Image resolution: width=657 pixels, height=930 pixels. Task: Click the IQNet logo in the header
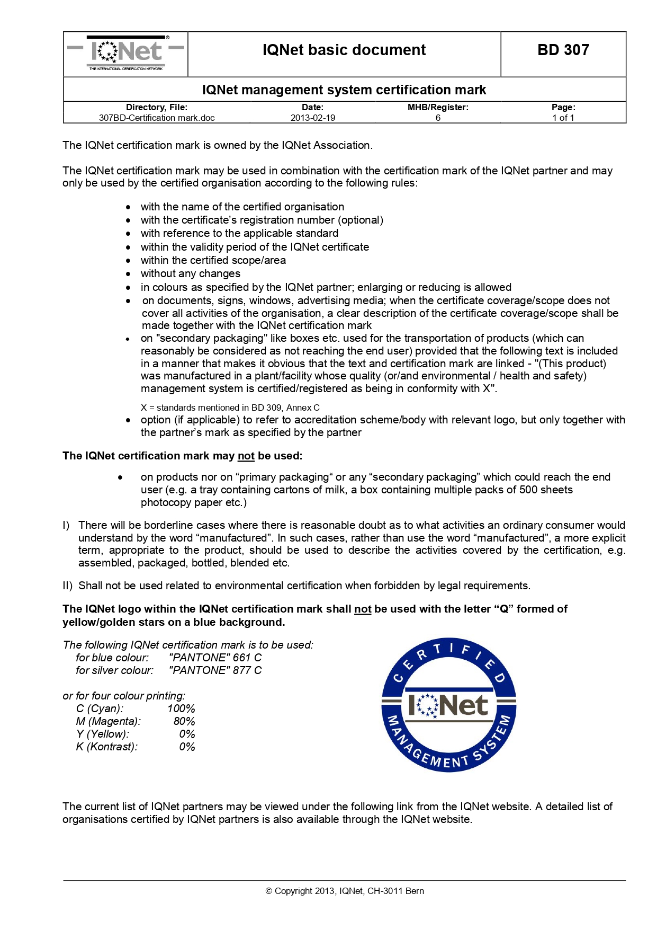pos(126,53)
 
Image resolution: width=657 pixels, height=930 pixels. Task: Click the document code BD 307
pos(563,50)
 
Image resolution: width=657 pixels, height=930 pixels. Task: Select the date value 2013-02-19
pos(312,118)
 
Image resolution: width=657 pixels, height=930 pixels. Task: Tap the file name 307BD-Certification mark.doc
pos(157,118)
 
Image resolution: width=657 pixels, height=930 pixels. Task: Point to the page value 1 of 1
pos(563,118)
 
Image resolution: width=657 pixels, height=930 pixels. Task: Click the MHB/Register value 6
pos(438,118)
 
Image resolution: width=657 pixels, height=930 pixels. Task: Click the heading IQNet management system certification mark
pos(344,90)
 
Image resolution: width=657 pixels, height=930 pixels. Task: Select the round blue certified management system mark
pos(448,704)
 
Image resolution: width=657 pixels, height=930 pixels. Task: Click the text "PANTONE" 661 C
pos(215,658)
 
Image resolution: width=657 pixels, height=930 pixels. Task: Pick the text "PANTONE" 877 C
pos(215,670)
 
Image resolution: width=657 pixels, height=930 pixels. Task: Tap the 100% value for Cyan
pos(181,708)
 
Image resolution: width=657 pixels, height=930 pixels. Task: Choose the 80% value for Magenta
pos(184,721)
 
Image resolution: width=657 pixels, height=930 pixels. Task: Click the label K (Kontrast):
pos(106,747)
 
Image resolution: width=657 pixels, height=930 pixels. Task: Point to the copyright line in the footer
pos(344,891)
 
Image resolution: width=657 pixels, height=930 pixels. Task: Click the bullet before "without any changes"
pos(128,274)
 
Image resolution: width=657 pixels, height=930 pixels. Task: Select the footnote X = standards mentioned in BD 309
pos(230,408)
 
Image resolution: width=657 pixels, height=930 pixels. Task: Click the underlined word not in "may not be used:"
pos(246,456)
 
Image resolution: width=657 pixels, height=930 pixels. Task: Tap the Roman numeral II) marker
pos(67,586)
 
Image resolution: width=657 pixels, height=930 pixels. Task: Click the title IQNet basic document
pos(344,50)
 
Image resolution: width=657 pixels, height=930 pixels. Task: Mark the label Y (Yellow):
pos(102,734)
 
